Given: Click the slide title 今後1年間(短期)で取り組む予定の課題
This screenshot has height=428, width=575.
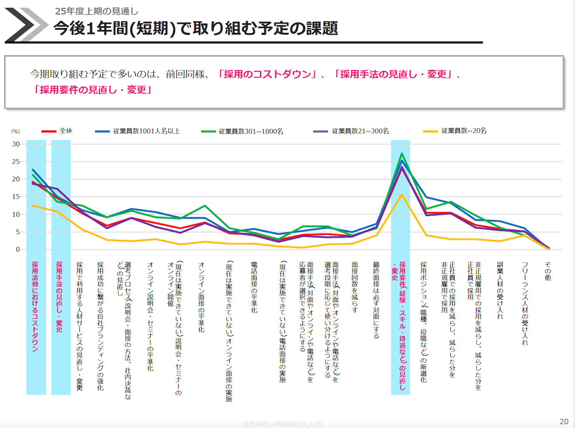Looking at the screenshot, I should click(x=196, y=28).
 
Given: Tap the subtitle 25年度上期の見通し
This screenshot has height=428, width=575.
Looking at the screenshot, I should click(x=96, y=11).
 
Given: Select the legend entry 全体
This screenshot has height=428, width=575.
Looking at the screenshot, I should click(x=66, y=131).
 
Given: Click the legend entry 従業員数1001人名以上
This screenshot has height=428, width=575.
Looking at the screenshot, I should click(x=146, y=131).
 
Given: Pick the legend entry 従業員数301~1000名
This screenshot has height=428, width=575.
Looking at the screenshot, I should click(x=250, y=131).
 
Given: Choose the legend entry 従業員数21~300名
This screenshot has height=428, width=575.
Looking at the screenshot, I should click(x=360, y=131).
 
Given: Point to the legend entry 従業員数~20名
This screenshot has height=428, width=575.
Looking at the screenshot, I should click(x=464, y=131).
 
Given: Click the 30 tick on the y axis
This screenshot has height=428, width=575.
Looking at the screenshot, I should click(x=16, y=144).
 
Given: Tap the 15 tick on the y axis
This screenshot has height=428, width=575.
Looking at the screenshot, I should click(x=16, y=196).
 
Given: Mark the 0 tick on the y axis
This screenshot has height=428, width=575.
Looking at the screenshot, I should click(x=18, y=250).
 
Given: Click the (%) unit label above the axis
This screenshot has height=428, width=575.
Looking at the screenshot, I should click(x=16, y=131).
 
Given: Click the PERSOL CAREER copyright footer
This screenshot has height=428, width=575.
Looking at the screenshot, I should click(x=284, y=424).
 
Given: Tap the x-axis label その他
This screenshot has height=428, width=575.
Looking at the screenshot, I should click(x=548, y=271).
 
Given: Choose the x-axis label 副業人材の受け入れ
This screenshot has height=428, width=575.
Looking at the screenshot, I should click(x=500, y=290).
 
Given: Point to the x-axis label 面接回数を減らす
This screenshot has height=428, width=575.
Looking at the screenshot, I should click(x=355, y=287).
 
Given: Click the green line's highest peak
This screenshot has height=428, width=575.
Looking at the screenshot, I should click(x=402, y=153).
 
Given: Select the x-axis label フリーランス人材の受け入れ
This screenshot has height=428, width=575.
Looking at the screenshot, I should click(x=525, y=303).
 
